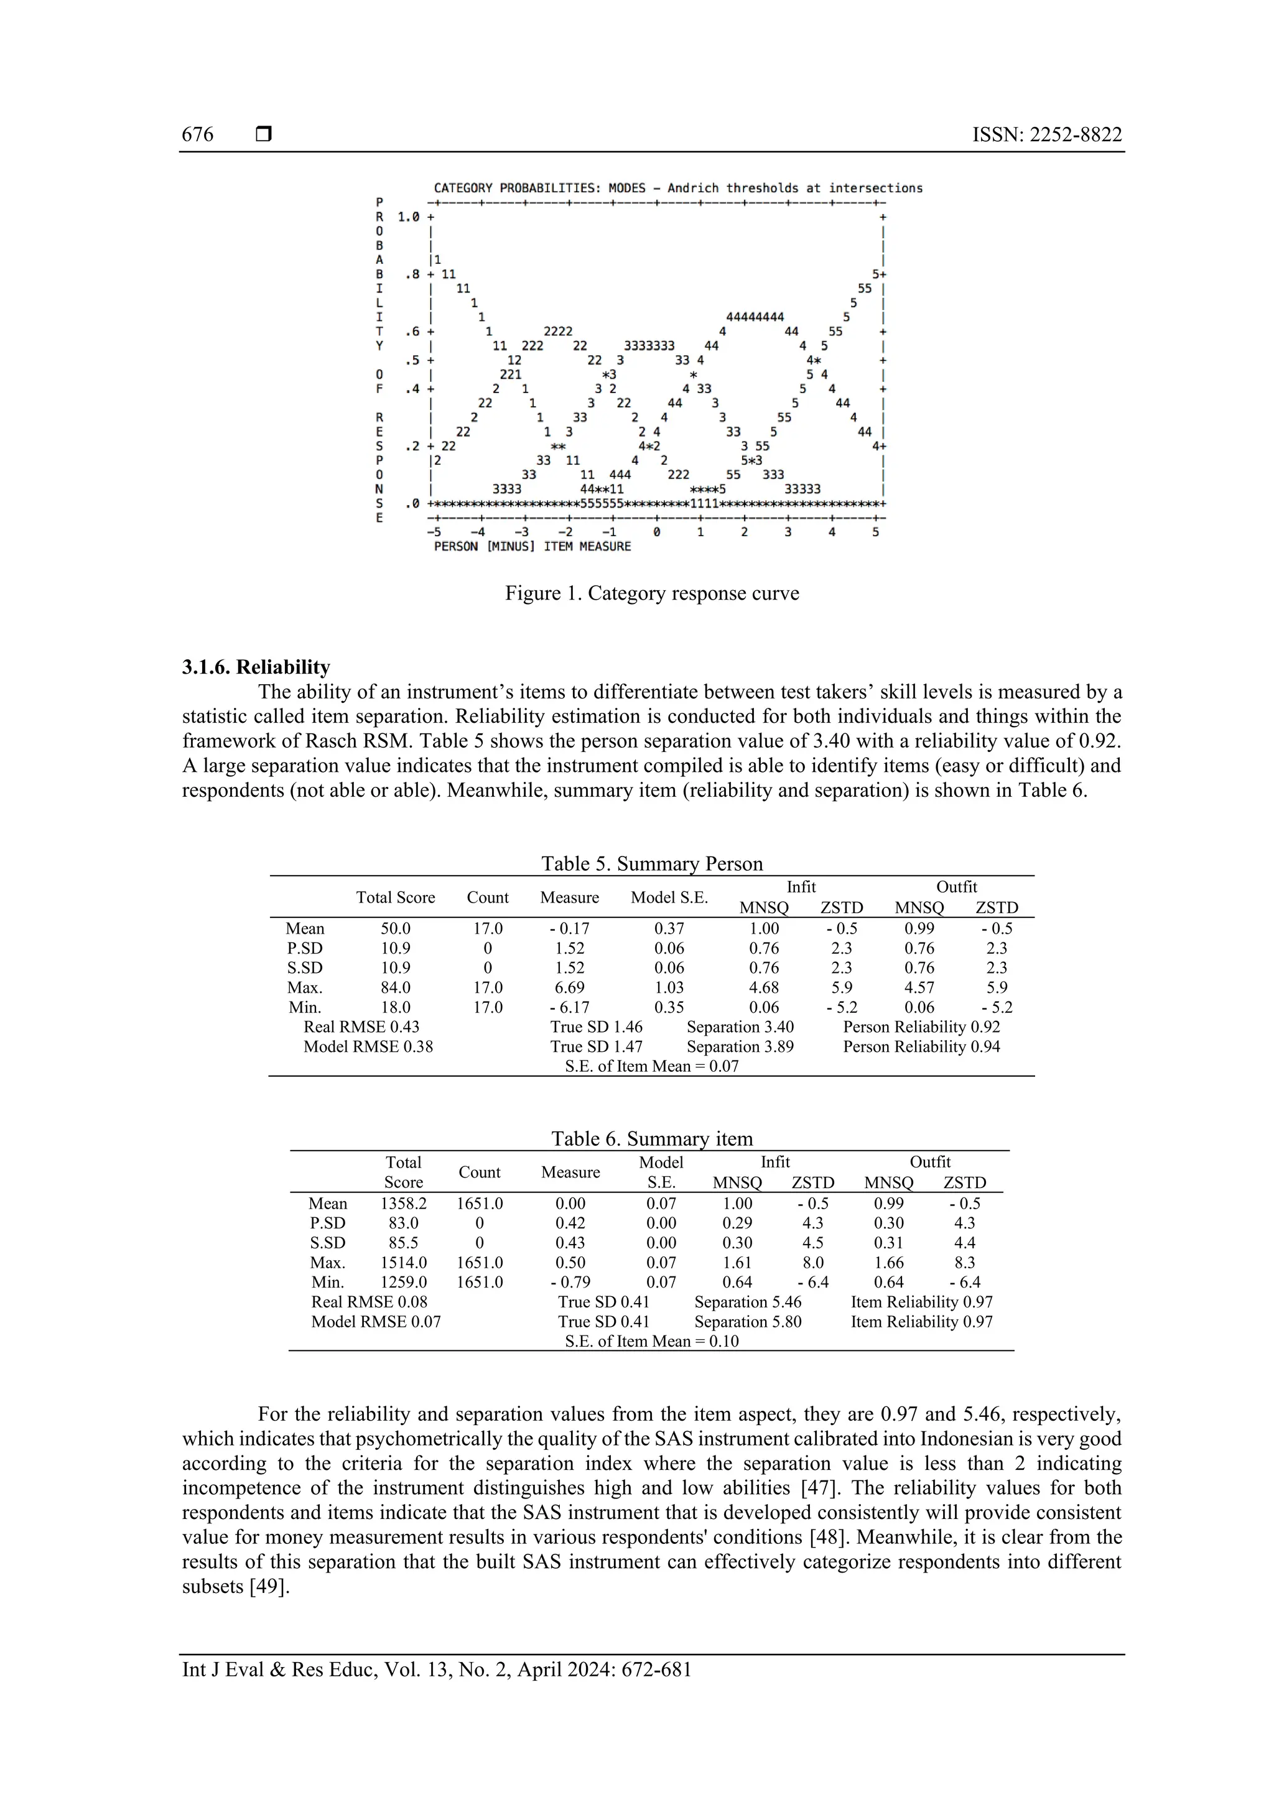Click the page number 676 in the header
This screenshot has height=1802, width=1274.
click(197, 135)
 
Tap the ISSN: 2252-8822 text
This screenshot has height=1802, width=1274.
click(1046, 135)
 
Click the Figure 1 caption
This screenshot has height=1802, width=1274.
click(651, 593)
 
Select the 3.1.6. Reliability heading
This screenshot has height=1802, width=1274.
click(256, 667)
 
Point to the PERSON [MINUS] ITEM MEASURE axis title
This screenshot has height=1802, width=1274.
click(532, 546)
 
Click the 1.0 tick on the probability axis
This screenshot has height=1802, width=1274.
click(409, 216)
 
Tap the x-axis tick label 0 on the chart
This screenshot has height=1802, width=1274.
click(656, 532)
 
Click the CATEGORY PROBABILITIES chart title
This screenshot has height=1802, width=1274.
click(677, 188)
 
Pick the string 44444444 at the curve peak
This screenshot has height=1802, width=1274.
click(755, 317)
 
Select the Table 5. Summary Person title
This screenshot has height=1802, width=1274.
click(651, 864)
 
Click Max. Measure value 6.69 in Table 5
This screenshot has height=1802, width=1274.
click(569, 987)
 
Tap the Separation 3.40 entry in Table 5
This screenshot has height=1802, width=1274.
click(740, 1026)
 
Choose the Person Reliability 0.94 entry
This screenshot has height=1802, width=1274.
click(921, 1046)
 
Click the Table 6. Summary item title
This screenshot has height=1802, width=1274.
click(651, 1139)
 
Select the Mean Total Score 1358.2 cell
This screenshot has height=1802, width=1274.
click(404, 1203)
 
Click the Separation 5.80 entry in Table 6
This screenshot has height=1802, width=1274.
click(747, 1322)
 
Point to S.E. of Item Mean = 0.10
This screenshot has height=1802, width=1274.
click(651, 1341)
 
